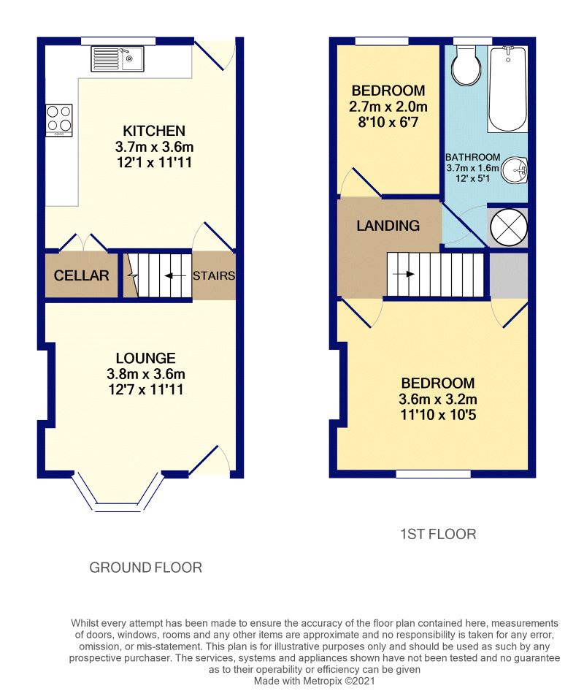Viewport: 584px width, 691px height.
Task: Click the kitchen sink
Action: click(117, 58)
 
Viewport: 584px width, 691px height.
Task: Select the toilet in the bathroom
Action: click(466, 66)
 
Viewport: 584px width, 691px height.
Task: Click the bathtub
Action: click(508, 88)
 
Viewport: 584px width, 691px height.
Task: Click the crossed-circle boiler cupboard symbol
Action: click(509, 227)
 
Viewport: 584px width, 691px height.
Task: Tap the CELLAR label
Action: click(82, 275)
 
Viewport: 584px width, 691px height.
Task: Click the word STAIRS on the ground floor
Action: click(214, 276)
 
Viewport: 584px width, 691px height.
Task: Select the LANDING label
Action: click(388, 226)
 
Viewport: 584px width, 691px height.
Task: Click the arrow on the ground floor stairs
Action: click(174, 276)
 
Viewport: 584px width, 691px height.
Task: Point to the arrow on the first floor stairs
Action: click(404, 274)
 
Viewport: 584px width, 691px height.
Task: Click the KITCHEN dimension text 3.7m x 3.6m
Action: click(154, 147)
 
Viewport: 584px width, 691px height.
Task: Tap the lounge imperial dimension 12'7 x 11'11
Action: click(146, 389)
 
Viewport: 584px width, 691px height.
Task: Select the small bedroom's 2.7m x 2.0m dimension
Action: click(388, 107)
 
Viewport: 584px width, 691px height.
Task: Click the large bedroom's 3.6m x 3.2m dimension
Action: click(438, 400)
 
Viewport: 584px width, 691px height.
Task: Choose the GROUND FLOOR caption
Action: click(146, 568)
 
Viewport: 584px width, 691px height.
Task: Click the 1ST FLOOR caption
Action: click(438, 534)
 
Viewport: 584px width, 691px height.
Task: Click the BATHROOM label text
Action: click(472, 157)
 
